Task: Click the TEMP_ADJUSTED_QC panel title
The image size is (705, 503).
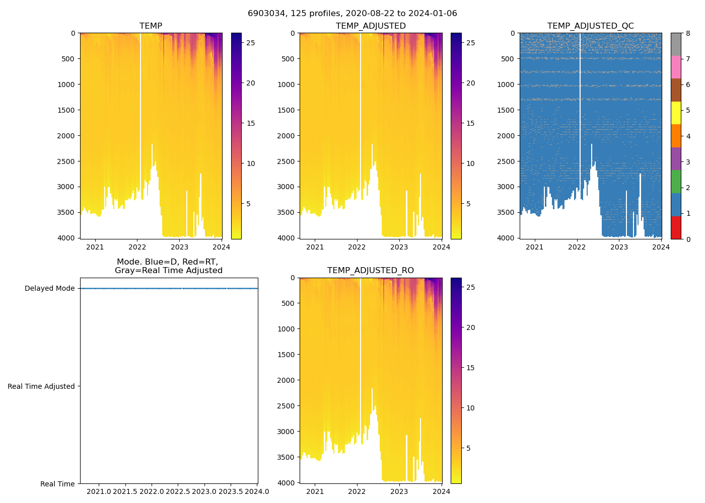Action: [x=590, y=26]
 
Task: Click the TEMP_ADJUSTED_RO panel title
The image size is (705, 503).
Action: [x=371, y=271]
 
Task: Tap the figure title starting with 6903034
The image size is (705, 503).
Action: [x=352, y=14]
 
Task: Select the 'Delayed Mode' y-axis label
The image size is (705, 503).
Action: [x=49, y=289]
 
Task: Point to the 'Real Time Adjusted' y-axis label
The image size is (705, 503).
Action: [x=41, y=386]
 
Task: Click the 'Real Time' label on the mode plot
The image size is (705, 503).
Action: [x=57, y=484]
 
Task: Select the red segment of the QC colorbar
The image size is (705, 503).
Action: [x=676, y=227]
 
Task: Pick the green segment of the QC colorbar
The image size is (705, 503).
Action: [x=676, y=182]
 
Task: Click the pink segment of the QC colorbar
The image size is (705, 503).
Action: [x=676, y=67]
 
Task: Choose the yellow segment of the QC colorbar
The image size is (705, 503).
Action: [x=676, y=113]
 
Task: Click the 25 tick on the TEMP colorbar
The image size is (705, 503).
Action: [x=250, y=43]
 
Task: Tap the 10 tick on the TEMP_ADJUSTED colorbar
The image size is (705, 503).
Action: [x=470, y=163]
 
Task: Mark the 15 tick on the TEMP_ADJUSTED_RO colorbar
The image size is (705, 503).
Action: [x=470, y=368]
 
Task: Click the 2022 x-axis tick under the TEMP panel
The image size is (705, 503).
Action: [x=137, y=247]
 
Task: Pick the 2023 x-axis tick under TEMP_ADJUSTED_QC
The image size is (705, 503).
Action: [x=619, y=247]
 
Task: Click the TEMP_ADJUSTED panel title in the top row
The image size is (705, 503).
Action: [x=371, y=26]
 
